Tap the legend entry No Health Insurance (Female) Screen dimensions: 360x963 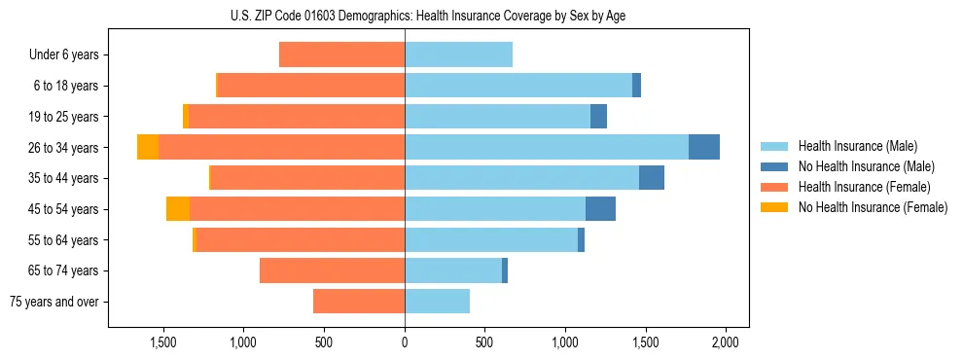[x=873, y=207]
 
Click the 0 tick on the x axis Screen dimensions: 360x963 [x=405, y=342]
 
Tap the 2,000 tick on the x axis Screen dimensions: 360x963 [x=725, y=342]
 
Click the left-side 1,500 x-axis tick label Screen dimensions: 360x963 [x=163, y=342]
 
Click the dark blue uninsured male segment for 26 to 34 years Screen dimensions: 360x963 [x=704, y=147]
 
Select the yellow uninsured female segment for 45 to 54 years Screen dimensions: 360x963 [x=178, y=209]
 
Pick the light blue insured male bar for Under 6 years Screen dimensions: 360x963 [x=458, y=55]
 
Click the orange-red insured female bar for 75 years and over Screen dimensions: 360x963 [x=359, y=302]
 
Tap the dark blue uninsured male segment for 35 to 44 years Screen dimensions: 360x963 [x=652, y=178]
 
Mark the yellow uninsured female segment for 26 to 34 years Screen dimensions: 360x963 [x=148, y=147]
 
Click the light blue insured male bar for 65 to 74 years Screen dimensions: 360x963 [x=453, y=270]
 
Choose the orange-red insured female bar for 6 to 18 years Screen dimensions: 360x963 [x=311, y=86]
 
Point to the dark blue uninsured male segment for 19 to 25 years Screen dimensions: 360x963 [x=599, y=117]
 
